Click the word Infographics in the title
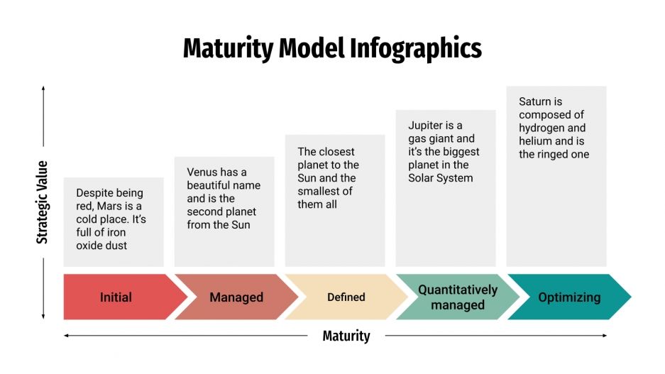(416, 48)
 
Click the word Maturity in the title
(228, 48)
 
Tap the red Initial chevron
(116, 297)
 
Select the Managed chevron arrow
(236, 297)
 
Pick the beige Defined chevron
(346, 297)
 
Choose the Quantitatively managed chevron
(458, 297)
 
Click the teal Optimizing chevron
(569, 297)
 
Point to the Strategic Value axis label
(43, 202)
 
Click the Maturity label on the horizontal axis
(346, 336)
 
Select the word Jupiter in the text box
(426, 126)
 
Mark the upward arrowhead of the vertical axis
(43, 89)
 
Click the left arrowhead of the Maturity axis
(66, 335)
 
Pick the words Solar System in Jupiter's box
(440, 178)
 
